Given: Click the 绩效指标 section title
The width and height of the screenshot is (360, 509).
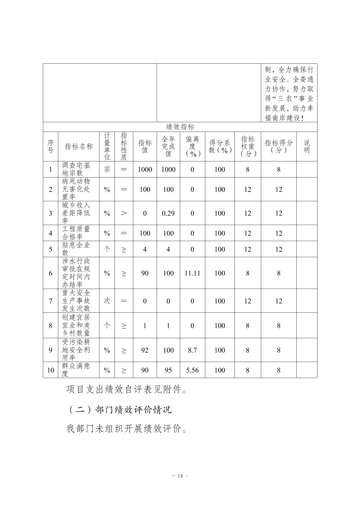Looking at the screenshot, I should (180, 127).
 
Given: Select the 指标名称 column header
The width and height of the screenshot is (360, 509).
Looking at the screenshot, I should (79, 146).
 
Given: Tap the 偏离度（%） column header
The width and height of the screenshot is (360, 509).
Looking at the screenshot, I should (192, 146).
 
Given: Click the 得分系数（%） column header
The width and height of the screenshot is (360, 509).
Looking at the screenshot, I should (220, 146).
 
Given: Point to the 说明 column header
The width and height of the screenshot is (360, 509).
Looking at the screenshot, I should (306, 146).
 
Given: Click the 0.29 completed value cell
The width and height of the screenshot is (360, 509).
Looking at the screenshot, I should (168, 213).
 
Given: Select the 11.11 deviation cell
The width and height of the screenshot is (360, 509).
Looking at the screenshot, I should (192, 273).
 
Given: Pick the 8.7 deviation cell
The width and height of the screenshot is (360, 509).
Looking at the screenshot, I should (192, 350).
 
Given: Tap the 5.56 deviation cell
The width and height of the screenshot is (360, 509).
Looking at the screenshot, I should (192, 370).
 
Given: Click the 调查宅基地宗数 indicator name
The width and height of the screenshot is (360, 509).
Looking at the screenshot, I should (76, 169).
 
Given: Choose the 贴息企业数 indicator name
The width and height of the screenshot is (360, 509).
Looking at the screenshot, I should (76, 249).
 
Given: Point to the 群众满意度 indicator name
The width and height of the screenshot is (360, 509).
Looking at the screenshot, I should (76, 370).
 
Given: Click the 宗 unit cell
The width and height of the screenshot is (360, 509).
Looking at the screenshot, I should (107, 169).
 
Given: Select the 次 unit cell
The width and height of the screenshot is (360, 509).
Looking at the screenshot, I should (107, 301).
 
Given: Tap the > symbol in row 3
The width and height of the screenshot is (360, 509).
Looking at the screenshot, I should (124, 213).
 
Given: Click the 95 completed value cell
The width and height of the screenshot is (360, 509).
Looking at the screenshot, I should (168, 370).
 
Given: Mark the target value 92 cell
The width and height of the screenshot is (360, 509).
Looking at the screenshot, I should (145, 350).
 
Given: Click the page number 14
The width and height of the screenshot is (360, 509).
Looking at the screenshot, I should (180, 476).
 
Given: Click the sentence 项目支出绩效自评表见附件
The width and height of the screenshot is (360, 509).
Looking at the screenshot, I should (127, 389).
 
